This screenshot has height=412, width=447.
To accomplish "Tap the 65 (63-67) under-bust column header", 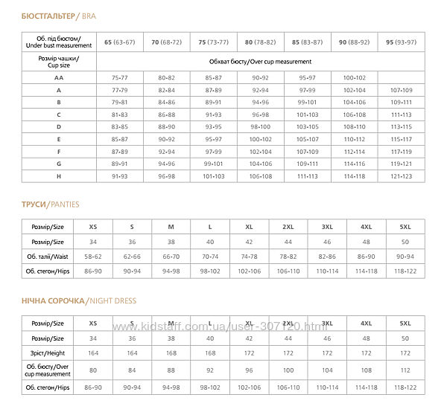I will (x=119, y=42).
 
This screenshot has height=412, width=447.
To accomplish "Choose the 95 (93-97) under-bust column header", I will (x=401, y=42).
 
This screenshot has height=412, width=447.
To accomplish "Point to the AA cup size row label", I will (x=58, y=76).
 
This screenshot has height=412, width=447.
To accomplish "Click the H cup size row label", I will (x=58, y=176).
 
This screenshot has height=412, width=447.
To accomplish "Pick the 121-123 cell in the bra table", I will (x=401, y=176).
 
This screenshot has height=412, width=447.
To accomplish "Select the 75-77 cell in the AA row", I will (x=119, y=76).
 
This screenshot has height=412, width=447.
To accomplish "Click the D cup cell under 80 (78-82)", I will (x=260, y=126).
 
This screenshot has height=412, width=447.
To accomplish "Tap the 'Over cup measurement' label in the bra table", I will (x=260, y=62).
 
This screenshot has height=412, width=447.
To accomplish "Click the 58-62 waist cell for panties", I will (x=92, y=255).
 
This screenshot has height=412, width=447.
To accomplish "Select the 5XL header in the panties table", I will (x=405, y=225).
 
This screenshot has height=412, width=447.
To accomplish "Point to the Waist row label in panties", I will (x=48, y=255).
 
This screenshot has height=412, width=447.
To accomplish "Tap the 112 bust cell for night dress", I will (x=405, y=370).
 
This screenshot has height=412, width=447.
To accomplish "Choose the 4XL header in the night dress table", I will (x=366, y=324).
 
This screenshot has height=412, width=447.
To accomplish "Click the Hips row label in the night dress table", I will (x=48, y=387).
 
